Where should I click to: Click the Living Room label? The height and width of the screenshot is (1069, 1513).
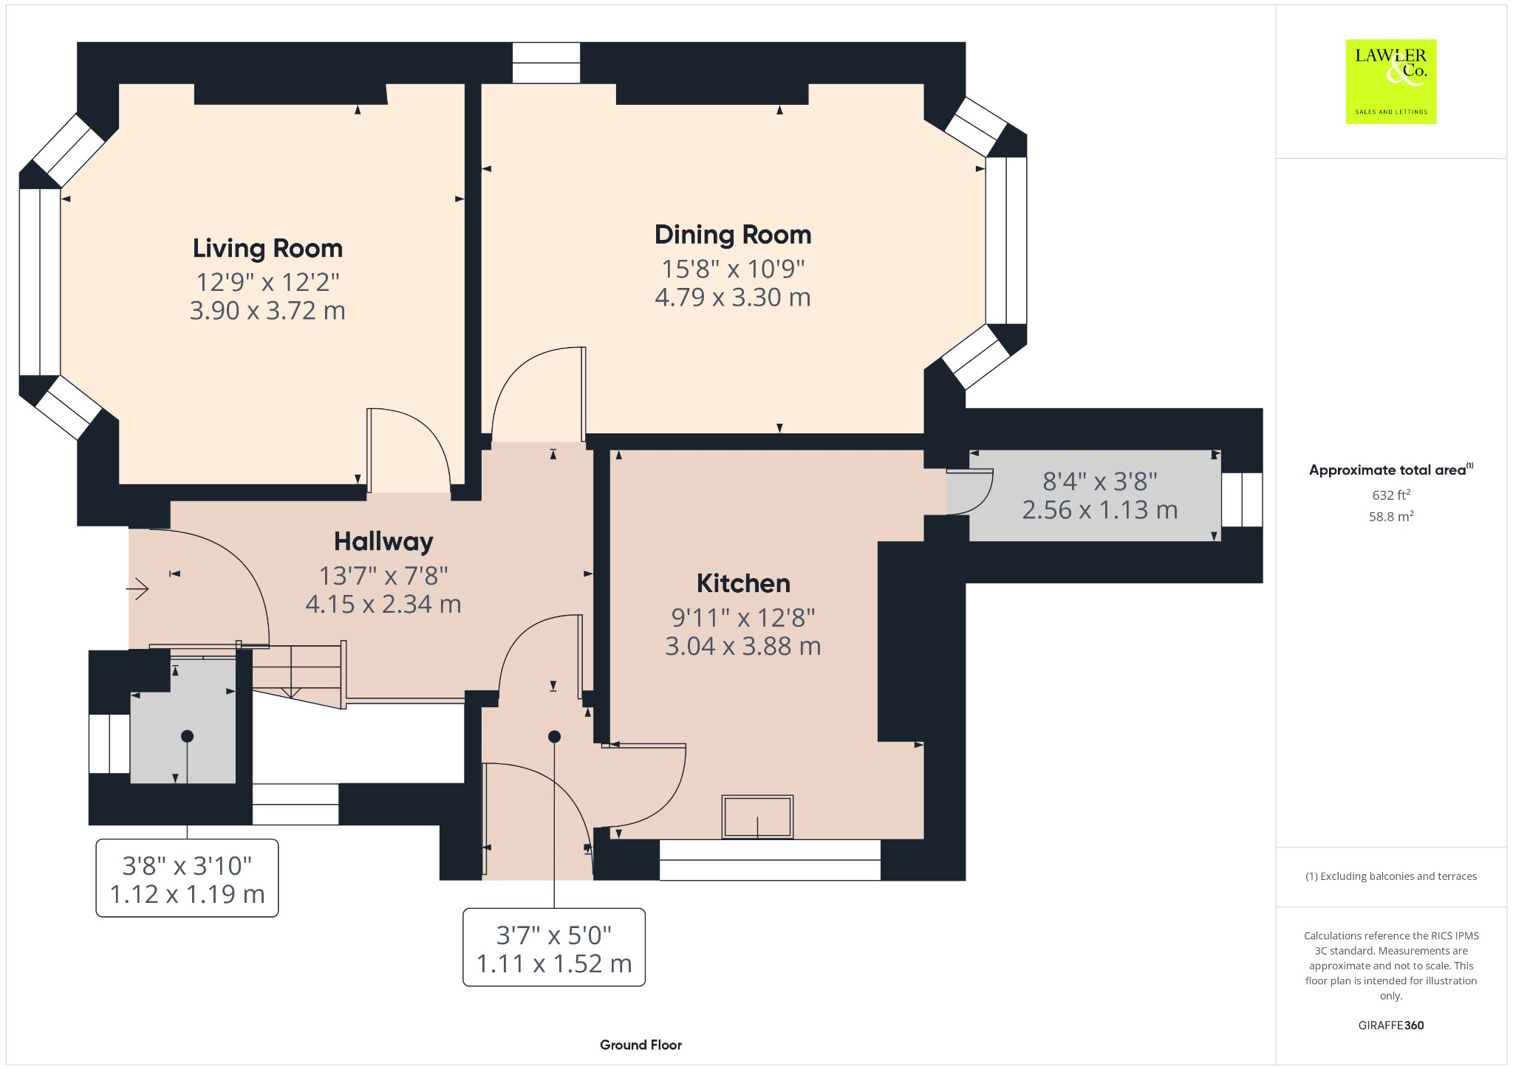[x=267, y=249]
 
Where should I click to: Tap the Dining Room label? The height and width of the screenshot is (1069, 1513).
[x=733, y=235]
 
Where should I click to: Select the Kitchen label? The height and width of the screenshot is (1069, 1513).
[x=743, y=583]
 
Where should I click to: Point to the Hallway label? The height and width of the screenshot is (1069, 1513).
[x=383, y=542]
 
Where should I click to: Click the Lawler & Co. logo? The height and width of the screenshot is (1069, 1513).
[x=1391, y=81]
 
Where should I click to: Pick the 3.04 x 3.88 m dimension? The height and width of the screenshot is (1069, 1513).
[x=743, y=646]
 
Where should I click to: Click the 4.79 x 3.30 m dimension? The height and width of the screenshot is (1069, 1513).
[x=733, y=298]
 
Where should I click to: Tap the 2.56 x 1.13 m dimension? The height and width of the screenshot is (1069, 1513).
[x=1100, y=510]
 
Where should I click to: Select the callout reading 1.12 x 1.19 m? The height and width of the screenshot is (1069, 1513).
[x=187, y=879]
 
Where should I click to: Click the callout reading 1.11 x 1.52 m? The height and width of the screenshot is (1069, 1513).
[x=554, y=948]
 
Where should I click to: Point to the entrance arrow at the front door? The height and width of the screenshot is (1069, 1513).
[x=138, y=588]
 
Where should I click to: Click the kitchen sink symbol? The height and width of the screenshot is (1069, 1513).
[x=757, y=817]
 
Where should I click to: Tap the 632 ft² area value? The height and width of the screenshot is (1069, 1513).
[x=1391, y=495]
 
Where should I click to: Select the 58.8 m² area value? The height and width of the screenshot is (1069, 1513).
[x=1391, y=516]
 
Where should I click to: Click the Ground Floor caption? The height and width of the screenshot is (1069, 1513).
[x=641, y=1045]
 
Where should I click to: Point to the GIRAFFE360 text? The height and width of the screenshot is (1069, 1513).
[x=1391, y=1025]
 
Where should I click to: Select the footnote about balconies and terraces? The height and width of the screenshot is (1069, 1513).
[x=1391, y=876]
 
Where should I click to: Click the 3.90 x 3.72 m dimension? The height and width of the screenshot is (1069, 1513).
[x=267, y=311]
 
